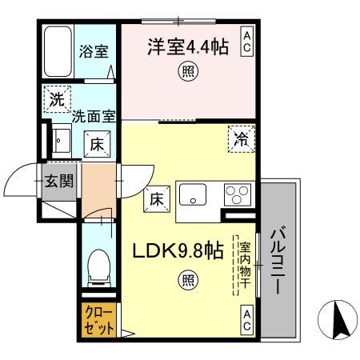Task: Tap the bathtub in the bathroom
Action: pos(58,51)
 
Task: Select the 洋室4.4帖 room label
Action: pos(187,47)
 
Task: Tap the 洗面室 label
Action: pos(94,116)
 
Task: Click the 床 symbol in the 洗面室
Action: pos(94,144)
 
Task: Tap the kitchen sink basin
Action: pos(194,194)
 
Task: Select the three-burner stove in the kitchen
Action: pos(236,195)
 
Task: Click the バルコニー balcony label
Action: pos(279,262)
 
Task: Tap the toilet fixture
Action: pos(98,264)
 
